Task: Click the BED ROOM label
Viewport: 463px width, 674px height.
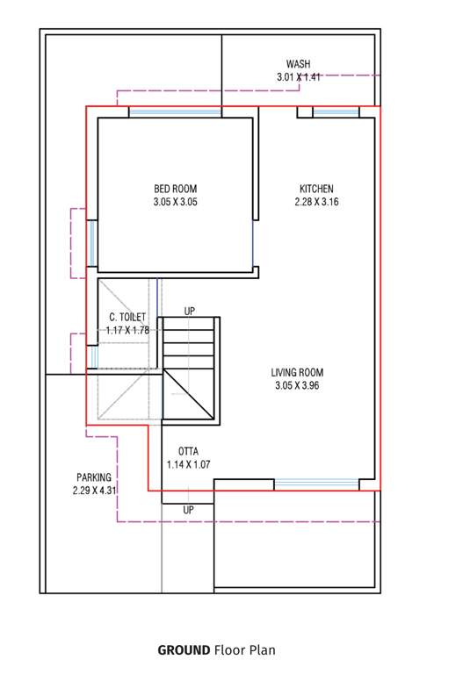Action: pos(176,189)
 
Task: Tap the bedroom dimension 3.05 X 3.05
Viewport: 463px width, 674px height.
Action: pos(176,202)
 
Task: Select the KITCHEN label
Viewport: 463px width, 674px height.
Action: pos(316,189)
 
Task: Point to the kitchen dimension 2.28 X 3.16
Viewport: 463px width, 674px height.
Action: pos(316,202)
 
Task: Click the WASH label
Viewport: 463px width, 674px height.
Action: pos(298,64)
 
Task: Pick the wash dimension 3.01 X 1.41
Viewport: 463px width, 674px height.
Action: pos(298,77)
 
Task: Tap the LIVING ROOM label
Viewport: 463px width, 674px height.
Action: pos(297,372)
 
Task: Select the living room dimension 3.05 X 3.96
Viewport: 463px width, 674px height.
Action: pos(297,385)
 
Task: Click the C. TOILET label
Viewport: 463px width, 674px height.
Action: pos(127,317)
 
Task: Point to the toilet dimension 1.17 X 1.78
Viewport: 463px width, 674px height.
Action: pos(127,330)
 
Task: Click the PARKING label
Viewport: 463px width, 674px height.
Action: pos(94,477)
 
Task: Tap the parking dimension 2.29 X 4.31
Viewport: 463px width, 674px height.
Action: pos(94,491)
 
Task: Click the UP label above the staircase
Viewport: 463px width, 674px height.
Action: pos(190,312)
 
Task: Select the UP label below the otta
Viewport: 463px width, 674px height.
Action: pos(189,510)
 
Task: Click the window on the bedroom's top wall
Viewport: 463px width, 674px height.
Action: pos(175,112)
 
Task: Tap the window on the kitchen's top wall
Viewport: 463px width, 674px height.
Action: pos(336,112)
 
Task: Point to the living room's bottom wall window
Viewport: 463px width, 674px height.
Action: pos(316,484)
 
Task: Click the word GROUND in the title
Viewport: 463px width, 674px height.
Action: pos(184,650)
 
